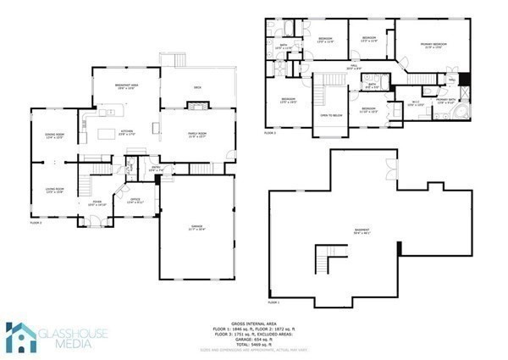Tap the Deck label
coord(196,87)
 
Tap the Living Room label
coord(54,191)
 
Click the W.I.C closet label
coord(414,103)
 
